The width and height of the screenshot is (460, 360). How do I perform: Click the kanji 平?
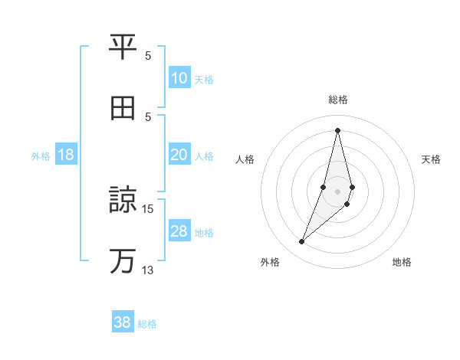click(x=123, y=47)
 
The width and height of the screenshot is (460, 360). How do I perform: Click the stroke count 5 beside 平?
click(x=148, y=55)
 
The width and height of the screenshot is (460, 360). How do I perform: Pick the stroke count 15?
click(x=148, y=208)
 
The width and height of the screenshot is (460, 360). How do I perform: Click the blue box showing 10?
click(x=179, y=78)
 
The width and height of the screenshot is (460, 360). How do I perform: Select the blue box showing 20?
click(x=179, y=155)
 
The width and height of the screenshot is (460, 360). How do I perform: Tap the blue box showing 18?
click(x=66, y=155)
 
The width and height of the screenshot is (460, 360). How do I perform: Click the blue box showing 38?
click(x=123, y=322)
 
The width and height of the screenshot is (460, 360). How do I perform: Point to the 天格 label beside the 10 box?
click(x=204, y=80)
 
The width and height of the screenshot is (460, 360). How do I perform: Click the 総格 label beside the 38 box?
click(x=147, y=324)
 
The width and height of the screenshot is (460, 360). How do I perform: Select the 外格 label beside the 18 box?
click(x=41, y=156)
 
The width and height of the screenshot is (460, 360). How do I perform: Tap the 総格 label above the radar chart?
click(x=337, y=100)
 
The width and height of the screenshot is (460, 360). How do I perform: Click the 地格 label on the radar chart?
click(x=402, y=262)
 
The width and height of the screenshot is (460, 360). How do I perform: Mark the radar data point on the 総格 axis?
click(x=337, y=130)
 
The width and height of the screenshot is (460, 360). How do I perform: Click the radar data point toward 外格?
click(x=301, y=242)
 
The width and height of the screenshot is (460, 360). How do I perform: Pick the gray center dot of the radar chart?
click(x=337, y=191)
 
